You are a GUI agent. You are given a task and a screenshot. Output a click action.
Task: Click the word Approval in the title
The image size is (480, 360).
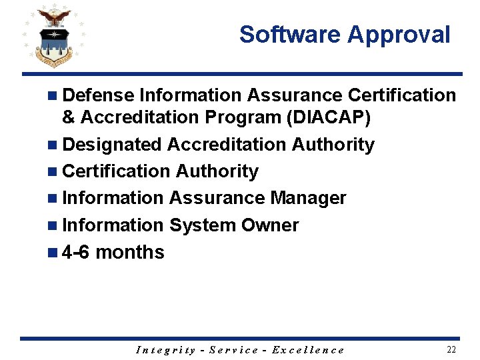point(399,35)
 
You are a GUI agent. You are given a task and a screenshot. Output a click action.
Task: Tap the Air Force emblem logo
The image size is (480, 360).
point(53,38)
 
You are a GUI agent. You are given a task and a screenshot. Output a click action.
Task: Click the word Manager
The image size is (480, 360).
point(308,198)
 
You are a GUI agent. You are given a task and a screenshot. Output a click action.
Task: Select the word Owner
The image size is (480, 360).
point(269,225)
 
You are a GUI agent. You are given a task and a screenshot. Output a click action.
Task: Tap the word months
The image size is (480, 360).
point(130,252)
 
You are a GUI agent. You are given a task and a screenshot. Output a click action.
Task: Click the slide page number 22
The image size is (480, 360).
point(451,349)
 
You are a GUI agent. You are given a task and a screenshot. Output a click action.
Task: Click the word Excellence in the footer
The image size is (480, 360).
point(309,350)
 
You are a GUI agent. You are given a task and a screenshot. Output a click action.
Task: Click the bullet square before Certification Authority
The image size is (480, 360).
point(53,171)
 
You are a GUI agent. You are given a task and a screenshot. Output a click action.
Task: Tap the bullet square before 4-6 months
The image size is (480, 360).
point(53,253)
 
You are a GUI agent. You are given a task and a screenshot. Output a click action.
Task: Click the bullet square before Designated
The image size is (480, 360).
point(53,145)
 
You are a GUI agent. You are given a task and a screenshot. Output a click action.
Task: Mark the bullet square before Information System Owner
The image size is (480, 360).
point(53,225)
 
